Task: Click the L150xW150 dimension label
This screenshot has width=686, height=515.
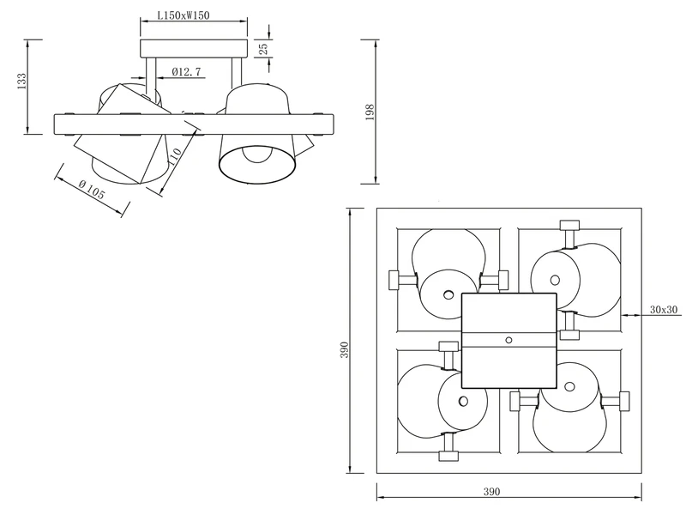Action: (184, 15)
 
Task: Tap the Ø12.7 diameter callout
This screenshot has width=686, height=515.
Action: (186, 72)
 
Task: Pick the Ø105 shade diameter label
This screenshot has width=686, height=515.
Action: (90, 190)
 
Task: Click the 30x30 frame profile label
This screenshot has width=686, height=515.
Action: (664, 309)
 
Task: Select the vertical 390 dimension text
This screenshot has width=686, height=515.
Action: (344, 350)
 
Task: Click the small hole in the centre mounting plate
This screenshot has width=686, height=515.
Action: (508, 341)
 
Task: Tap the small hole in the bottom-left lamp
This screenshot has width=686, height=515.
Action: (464, 401)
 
